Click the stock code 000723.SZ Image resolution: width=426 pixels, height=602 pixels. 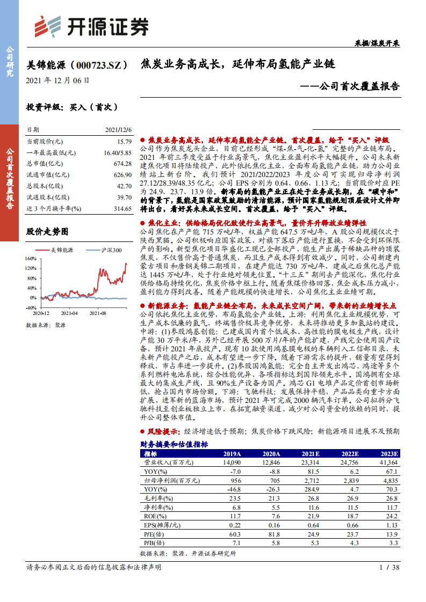(100, 65)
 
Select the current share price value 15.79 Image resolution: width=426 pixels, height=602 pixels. (124, 142)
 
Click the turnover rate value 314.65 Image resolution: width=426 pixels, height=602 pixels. (122, 209)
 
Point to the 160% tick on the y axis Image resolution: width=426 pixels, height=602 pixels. (31, 258)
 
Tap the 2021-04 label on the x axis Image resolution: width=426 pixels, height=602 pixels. (69, 312)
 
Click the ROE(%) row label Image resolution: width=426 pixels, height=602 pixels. (155, 517)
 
